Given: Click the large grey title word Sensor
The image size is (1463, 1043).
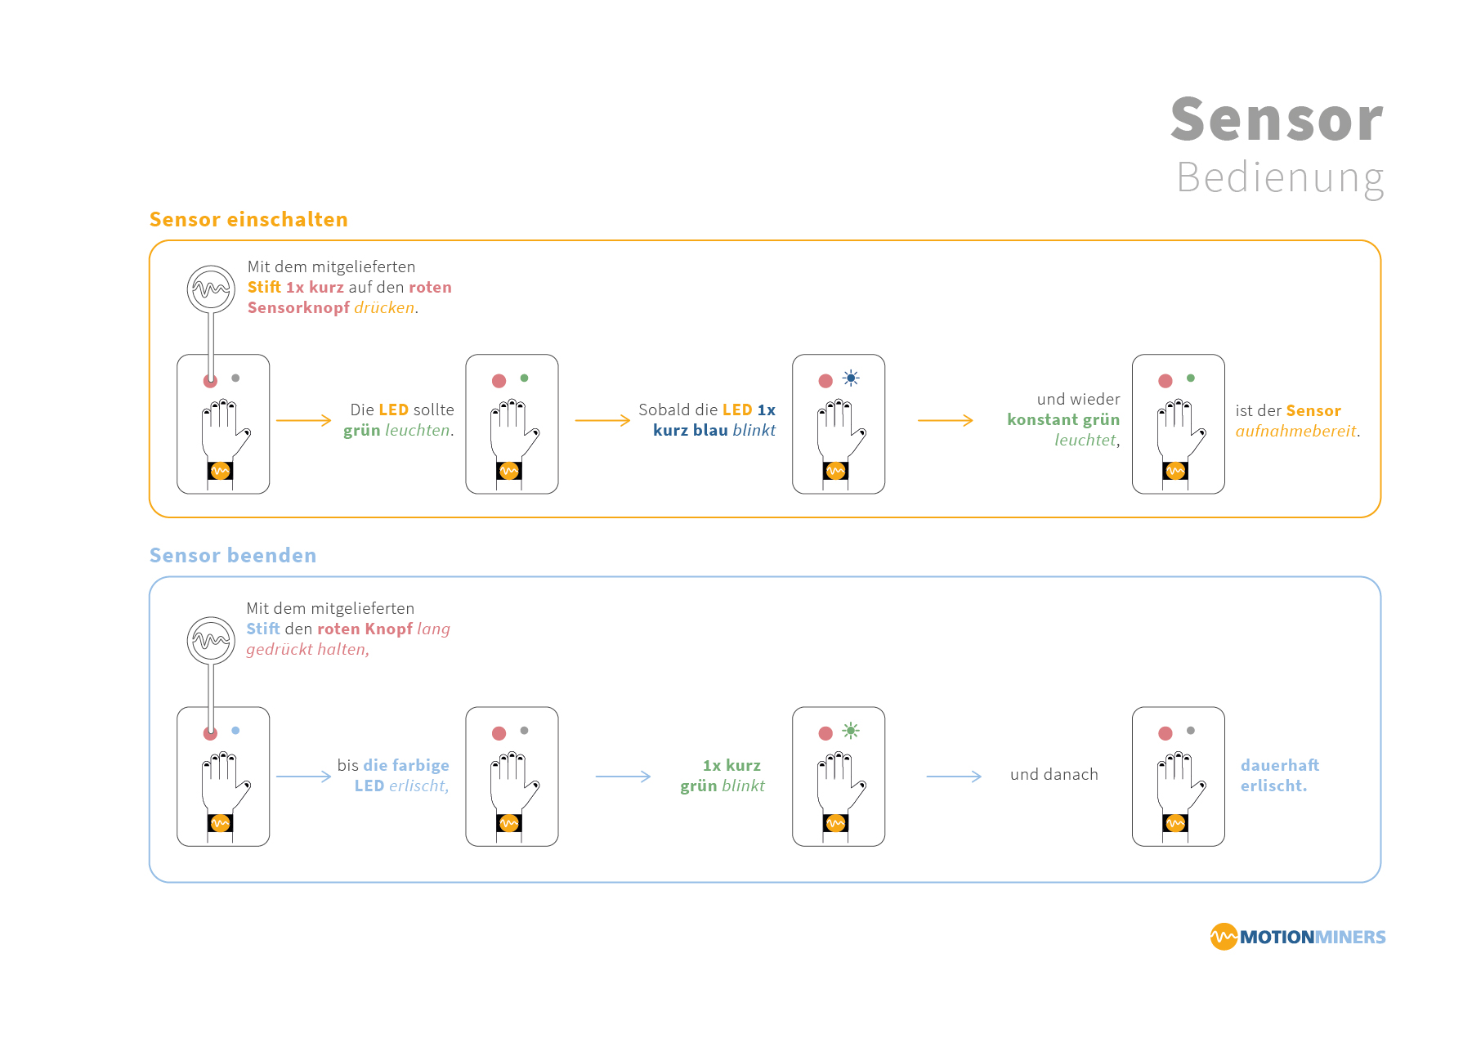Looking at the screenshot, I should (x=1276, y=119).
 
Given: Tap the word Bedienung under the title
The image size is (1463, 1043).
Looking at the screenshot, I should (x=1280, y=177).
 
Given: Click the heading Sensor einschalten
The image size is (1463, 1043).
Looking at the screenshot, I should (x=248, y=219).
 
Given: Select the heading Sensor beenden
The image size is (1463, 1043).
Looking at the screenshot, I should (x=233, y=555).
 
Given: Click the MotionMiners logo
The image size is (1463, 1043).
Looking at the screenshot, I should (x=1297, y=937).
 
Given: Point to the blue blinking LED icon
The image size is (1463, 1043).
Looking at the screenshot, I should (x=851, y=378).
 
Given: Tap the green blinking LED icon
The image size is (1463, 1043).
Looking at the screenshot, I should (x=851, y=731).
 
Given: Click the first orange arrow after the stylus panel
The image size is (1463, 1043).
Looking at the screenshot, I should (x=303, y=420).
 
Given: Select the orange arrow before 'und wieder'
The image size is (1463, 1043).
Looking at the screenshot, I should (x=945, y=420).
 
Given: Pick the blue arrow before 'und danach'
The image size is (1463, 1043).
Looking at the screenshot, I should (x=953, y=776).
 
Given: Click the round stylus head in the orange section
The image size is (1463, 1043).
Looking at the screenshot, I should (x=211, y=289).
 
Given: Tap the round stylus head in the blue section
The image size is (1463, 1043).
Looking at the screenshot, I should (x=211, y=640).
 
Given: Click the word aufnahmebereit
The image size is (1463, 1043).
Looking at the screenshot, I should (x=1295, y=431).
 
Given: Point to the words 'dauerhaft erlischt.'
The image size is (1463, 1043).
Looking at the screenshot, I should (x=1279, y=775).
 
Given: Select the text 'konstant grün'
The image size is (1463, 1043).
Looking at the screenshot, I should (x=1063, y=419).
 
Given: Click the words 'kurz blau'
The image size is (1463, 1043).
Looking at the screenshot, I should (x=690, y=430).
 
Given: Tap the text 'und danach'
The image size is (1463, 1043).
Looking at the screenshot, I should (x=1054, y=774).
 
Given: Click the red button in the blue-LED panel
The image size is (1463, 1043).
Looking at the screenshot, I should (x=825, y=381).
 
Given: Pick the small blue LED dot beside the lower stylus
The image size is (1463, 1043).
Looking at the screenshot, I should (x=235, y=731).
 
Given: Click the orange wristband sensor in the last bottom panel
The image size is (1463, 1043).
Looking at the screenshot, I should (x=1175, y=823).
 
